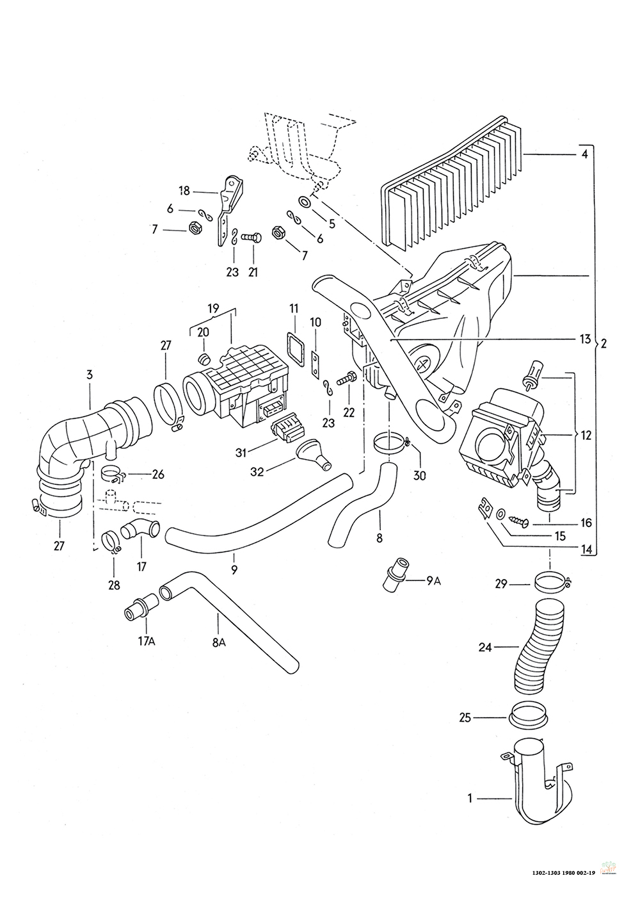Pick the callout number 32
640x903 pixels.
coord(257,471)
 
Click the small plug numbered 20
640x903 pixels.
coord(206,357)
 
